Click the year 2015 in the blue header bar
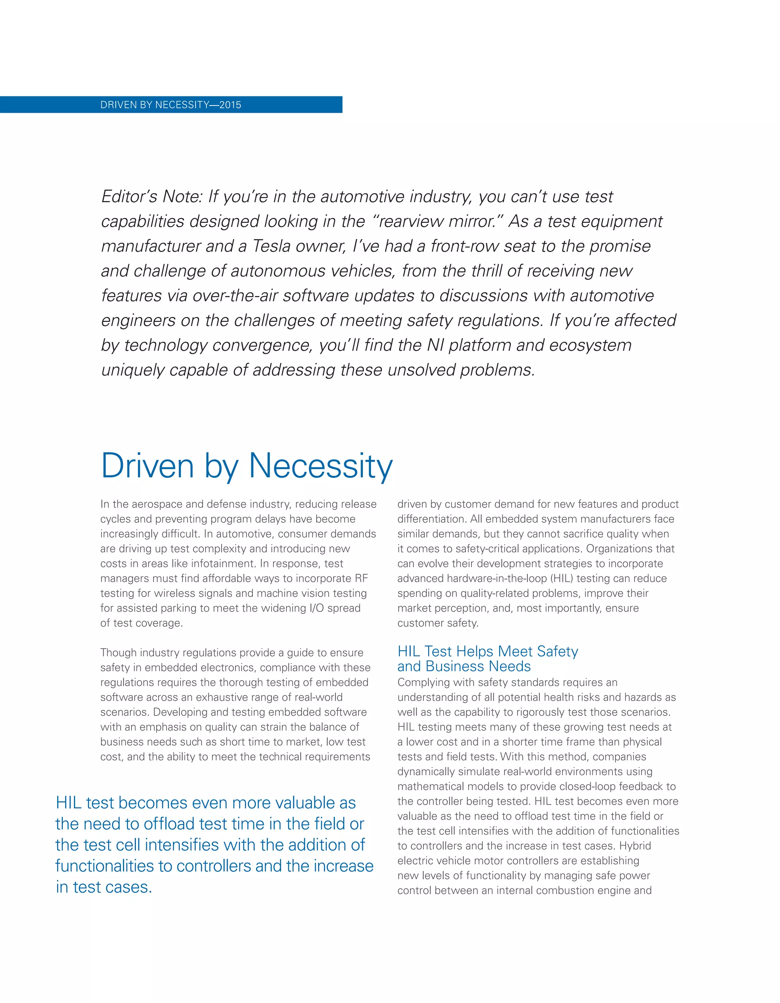coord(230,105)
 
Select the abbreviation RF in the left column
coord(361,578)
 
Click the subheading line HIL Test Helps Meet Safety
coord(487,651)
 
